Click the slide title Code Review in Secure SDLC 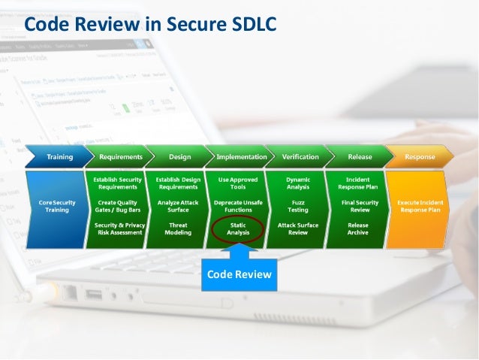pos(151,25)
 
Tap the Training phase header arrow pos(59,157)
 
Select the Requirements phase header pos(120,157)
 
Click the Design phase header pos(179,157)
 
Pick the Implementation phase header pos(241,157)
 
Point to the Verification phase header pos(300,157)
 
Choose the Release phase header pos(360,157)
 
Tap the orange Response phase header pos(420,157)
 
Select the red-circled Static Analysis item pos(238,229)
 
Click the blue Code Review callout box pos(238,276)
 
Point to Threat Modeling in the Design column pos(178,229)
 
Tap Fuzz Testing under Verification pos(298,206)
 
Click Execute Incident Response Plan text pos(420,206)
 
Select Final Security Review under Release pos(358,206)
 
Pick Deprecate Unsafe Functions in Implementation pos(238,206)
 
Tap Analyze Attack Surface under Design pos(178,206)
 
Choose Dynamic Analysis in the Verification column pos(298,183)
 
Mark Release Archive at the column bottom pos(358,229)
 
